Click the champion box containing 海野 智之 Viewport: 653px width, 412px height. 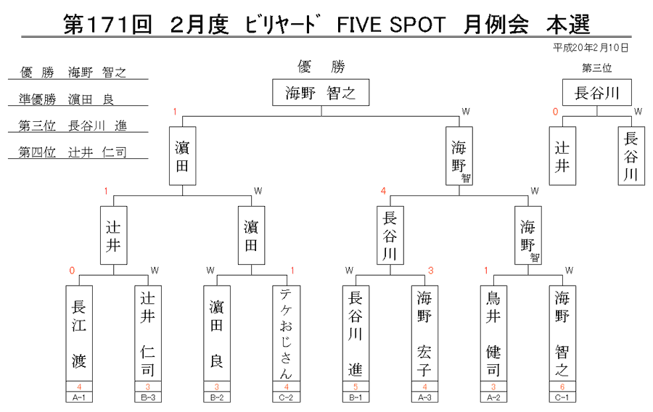click(x=321, y=92)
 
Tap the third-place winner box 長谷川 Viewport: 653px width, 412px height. click(x=597, y=92)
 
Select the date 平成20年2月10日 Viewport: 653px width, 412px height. click(x=591, y=48)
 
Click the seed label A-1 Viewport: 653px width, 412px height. click(x=79, y=397)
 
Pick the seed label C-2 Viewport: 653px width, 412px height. click(x=286, y=397)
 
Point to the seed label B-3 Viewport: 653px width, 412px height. click(x=148, y=397)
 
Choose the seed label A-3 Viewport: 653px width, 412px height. click(x=424, y=397)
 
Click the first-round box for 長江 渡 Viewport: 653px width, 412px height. click(x=79, y=333)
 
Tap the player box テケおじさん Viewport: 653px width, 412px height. click(x=286, y=333)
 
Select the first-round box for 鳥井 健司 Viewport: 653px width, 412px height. click(x=493, y=333)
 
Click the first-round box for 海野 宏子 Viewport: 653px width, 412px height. click(x=424, y=333)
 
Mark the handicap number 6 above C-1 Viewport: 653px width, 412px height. click(x=562, y=387)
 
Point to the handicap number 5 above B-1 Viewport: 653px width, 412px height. click(x=356, y=387)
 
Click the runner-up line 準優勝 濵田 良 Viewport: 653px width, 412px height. click(x=67, y=99)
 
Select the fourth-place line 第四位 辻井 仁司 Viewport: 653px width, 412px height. click(x=73, y=152)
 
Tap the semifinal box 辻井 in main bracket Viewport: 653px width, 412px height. click(x=114, y=235)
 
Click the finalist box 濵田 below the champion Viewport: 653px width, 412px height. click(x=182, y=156)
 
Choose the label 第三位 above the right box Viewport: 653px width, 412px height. click(x=597, y=68)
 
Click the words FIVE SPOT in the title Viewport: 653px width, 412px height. click(x=391, y=25)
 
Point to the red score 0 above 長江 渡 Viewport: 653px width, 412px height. click(x=72, y=271)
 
